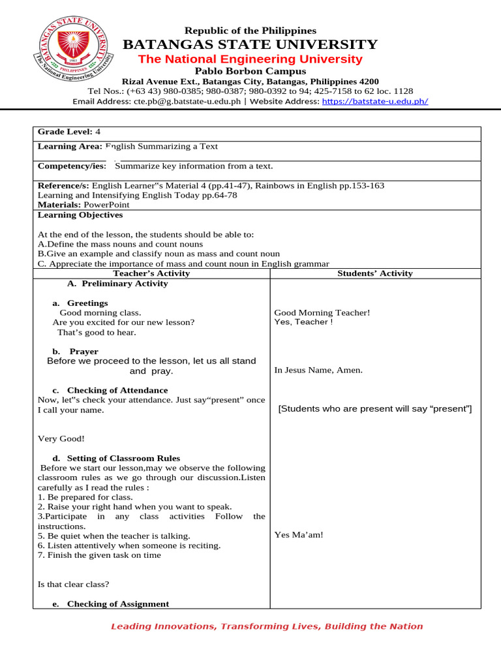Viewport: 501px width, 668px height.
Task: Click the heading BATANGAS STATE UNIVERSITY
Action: coord(250,44)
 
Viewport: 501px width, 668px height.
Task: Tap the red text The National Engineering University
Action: coord(250,59)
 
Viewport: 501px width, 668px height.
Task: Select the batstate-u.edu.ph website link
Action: coord(374,101)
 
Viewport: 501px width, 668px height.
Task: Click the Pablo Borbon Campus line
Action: coord(250,70)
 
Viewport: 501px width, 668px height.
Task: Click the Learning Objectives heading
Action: coord(80,215)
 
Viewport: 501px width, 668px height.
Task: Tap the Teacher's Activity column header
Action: coord(151,273)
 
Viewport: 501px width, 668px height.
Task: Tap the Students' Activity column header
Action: coord(374,273)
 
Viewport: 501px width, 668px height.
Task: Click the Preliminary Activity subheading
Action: coord(117,283)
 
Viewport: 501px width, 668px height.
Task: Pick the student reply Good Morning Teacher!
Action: coord(322,312)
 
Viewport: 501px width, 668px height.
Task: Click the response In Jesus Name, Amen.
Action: coord(318,370)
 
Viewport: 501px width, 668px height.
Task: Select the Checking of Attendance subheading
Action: coord(117,390)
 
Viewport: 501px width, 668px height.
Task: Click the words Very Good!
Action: coord(61,439)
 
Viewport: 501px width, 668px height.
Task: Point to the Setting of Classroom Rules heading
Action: coord(123,458)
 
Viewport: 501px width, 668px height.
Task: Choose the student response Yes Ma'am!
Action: coord(298,535)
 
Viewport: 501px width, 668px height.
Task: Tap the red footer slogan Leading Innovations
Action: coord(267,626)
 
